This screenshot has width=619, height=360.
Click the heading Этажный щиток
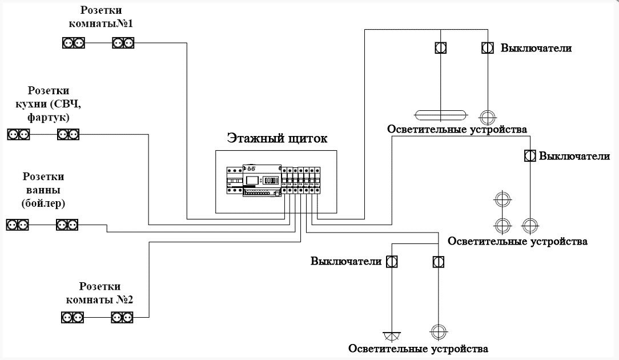tap(278, 138)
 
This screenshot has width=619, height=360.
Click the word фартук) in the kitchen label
tap(49, 118)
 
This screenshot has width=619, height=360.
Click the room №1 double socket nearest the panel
tap(123, 42)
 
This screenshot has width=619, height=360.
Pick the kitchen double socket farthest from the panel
tap(18, 134)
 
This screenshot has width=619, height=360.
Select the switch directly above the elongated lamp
tap(441, 48)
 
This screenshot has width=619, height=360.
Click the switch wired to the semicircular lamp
tap(392, 262)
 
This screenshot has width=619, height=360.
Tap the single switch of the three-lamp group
tap(529, 155)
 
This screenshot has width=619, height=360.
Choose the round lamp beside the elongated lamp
tap(487, 117)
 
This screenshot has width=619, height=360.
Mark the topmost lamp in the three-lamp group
tap(502, 200)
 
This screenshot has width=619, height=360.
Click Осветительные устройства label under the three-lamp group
tap(517, 241)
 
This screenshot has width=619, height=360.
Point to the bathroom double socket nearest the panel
tap(67, 225)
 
